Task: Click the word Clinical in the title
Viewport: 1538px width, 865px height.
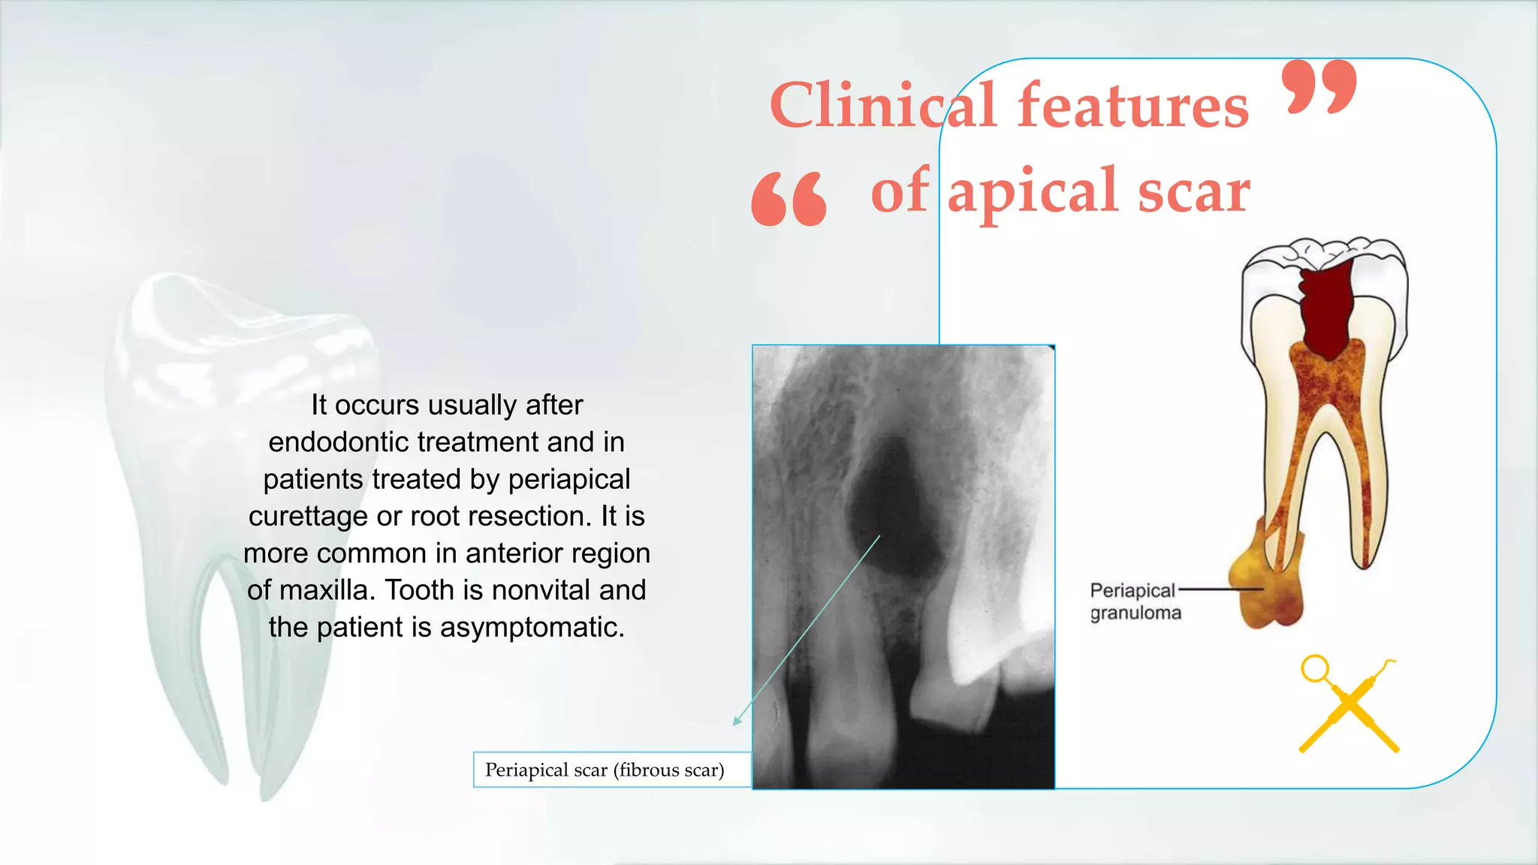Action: click(x=883, y=107)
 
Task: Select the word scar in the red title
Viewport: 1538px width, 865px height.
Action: click(x=1193, y=192)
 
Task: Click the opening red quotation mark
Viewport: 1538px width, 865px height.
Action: click(x=789, y=199)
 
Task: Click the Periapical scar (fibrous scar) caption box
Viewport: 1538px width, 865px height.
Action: click(x=605, y=770)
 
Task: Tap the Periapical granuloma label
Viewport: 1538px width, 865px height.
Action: click(x=1135, y=601)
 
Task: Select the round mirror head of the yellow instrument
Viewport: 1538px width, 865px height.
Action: click(x=1315, y=668)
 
